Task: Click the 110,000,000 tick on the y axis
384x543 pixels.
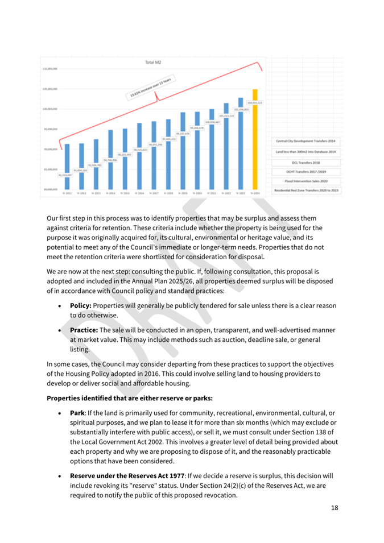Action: point(51,68)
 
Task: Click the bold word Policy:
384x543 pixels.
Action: point(85,305)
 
